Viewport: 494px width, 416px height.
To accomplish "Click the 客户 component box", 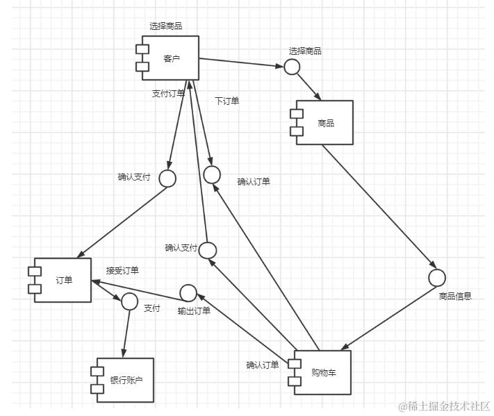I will [x=171, y=58].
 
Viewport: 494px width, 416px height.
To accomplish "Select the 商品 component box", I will [x=325, y=123].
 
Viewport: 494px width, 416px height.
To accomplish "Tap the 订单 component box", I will [x=63, y=280].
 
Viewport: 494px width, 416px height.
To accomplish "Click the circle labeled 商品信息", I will [x=436, y=278].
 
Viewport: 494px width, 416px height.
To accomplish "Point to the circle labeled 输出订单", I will [x=188, y=293].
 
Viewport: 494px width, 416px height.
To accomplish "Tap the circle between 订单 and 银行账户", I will [x=129, y=301].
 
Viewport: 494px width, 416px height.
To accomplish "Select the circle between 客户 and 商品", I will [x=292, y=67].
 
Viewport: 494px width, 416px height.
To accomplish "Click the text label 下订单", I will [x=227, y=101].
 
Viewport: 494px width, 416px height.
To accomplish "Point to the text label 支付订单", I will [x=169, y=94].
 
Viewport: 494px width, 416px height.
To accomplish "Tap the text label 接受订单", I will [x=122, y=270].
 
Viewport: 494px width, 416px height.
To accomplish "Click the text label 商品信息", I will [x=456, y=297].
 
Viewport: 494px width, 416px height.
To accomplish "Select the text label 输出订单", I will [x=194, y=310].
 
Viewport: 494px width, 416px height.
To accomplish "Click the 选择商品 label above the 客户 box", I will [x=166, y=26].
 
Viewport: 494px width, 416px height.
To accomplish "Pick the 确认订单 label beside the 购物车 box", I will [x=263, y=365].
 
